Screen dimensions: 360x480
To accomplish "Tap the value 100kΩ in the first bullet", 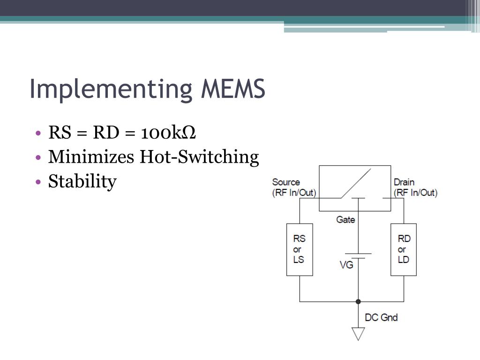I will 168,133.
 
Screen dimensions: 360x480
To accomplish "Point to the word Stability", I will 82,181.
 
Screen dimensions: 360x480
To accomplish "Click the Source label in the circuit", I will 286,182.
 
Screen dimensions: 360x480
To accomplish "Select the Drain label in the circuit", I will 404,182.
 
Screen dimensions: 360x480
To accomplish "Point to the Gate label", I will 345,219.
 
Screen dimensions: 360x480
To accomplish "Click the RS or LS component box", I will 300,249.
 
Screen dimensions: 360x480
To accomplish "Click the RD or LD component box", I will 404,249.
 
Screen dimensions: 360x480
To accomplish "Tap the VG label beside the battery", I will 346,265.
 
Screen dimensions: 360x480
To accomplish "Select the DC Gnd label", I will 381,317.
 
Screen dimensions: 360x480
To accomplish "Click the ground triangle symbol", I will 359,333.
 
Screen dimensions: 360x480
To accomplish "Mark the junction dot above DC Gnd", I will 359,301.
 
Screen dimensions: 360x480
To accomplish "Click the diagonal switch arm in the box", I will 355,183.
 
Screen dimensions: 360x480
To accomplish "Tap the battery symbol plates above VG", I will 359,255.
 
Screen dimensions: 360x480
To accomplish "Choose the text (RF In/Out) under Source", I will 294,192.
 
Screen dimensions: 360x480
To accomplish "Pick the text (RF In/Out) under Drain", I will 415,192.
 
